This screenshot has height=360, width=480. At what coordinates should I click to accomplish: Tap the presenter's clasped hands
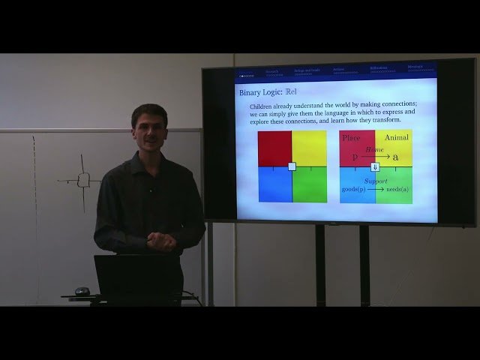pos(161,241)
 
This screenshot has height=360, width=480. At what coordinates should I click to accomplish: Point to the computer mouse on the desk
pos(82,291)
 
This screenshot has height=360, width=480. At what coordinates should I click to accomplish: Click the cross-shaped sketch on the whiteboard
pos(83,180)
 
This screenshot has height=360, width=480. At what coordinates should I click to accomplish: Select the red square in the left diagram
pos(274,148)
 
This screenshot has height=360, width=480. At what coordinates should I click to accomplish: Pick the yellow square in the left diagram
pos(309,148)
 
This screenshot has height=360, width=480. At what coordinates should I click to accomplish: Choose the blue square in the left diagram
pos(274,184)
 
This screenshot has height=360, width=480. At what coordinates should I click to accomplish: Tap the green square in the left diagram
pos(309,184)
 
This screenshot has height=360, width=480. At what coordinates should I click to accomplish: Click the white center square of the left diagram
pos(292,166)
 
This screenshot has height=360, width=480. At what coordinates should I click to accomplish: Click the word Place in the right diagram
pos(352,138)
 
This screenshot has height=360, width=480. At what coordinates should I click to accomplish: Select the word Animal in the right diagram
pos(397,138)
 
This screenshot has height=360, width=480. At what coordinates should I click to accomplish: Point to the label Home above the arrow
pos(375,150)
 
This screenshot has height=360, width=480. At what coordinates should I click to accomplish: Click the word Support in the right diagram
pos(376,181)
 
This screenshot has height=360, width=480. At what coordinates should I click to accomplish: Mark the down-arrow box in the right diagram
pos(375,166)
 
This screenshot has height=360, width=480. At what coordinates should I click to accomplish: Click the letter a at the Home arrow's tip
pos(396,157)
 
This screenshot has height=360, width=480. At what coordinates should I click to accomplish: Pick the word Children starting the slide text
pos(263,106)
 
